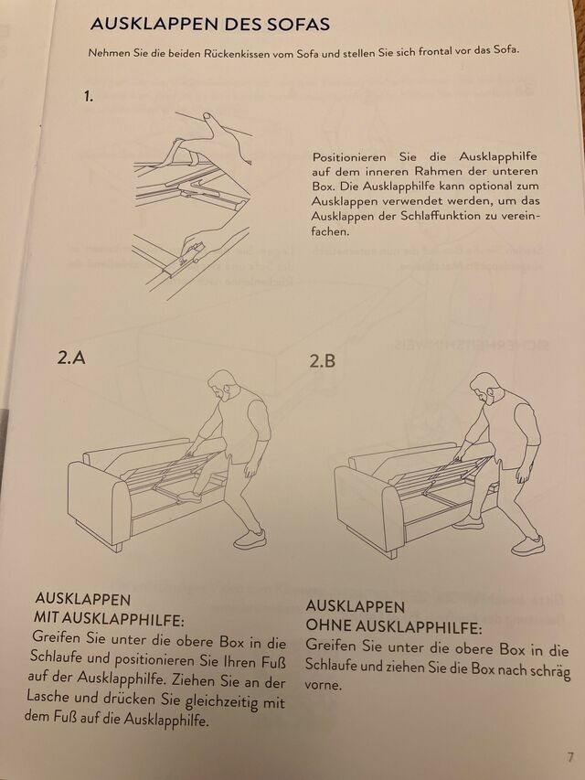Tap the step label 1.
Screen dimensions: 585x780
pyautogui.click(x=89, y=97)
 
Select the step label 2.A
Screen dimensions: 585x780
pyautogui.click(x=71, y=358)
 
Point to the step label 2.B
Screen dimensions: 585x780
pyautogui.click(x=323, y=360)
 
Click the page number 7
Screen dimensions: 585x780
pyautogui.click(x=570, y=758)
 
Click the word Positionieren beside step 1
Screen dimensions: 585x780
pyautogui.click(x=349, y=157)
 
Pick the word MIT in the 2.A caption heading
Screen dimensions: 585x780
pyautogui.click(x=46, y=618)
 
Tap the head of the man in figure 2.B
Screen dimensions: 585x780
pyautogui.click(x=483, y=388)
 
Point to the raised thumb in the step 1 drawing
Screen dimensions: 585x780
pyautogui.click(x=211, y=121)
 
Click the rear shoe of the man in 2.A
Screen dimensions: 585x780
pyautogui.click(x=250, y=540)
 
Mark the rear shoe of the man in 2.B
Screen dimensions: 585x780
pyautogui.click(x=527, y=545)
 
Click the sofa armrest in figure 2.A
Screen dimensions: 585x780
pyautogui.click(x=93, y=501)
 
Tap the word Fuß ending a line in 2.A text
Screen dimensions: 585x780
pyautogui.click(x=273, y=663)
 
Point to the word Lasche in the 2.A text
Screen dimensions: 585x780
pyautogui.click(x=48, y=696)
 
